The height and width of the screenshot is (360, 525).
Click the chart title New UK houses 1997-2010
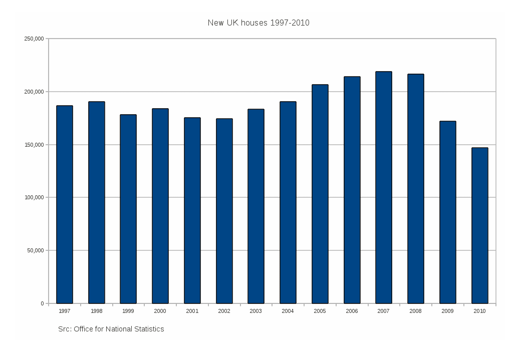click(x=258, y=23)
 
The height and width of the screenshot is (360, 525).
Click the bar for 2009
click(x=448, y=212)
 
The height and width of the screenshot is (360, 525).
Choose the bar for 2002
click(x=224, y=211)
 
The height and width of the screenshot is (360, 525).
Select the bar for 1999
click(x=128, y=209)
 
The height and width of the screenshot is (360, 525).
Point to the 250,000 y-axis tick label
click(x=34, y=39)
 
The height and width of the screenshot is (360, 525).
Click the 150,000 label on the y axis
click(x=34, y=145)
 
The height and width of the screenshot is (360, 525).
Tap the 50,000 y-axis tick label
click(x=36, y=250)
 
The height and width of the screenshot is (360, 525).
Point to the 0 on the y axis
click(x=42, y=303)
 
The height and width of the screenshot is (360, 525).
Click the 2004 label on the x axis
click(x=288, y=311)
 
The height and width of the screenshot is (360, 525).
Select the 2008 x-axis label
click(x=415, y=311)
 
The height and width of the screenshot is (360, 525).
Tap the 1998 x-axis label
click(x=97, y=311)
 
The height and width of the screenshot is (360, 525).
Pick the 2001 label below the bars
click(x=192, y=311)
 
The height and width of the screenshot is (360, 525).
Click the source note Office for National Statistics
click(x=111, y=329)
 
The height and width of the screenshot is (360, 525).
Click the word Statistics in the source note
click(x=148, y=329)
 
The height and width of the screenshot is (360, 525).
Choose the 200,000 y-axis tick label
click(x=34, y=92)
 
